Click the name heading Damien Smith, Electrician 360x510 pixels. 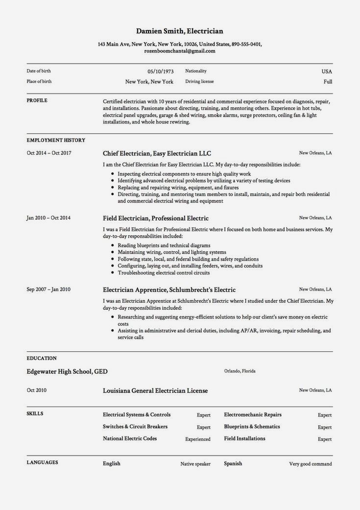180,31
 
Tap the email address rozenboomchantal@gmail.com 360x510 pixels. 180,50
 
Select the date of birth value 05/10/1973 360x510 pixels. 160,72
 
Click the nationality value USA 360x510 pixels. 327,72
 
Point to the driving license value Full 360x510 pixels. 328,82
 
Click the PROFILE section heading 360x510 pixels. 37,100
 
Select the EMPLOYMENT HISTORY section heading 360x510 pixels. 56,140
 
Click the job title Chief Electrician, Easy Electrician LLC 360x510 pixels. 157,153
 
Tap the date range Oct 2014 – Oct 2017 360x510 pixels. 49,153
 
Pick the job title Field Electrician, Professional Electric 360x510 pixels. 156,218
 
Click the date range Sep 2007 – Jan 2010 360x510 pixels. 48,289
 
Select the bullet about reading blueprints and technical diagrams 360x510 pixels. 164,245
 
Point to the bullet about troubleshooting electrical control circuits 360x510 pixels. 164,273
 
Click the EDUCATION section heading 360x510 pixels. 42,358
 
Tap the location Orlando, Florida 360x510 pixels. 240,371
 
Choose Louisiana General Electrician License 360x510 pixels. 155,390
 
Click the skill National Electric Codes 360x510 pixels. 130,438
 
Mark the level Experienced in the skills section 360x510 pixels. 198,439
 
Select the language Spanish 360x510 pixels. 233,463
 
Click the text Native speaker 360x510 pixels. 195,464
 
